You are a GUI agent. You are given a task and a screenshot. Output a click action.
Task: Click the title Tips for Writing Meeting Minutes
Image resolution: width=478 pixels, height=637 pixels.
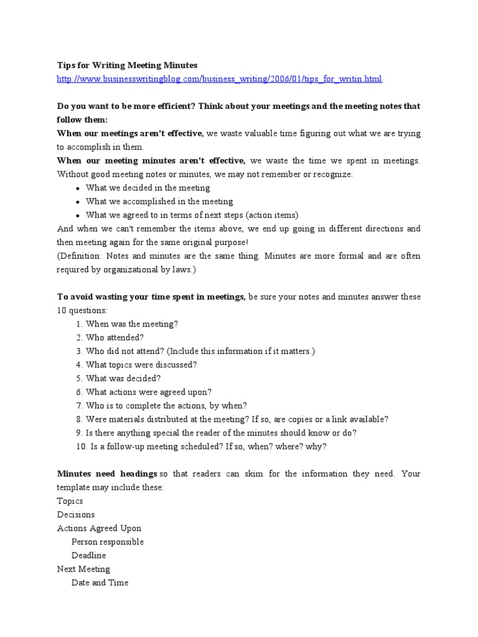(x=127, y=65)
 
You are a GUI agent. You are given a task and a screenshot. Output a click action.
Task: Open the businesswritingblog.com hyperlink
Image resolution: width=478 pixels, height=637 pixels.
(x=219, y=79)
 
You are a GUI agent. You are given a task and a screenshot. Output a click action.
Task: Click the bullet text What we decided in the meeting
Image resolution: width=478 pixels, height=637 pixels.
(x=148, y=188)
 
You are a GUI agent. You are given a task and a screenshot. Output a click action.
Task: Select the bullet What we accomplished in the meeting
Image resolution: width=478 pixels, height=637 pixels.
(x=159, y=202)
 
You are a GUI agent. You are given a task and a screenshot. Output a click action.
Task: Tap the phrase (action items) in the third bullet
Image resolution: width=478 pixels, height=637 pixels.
(x=272, y=215)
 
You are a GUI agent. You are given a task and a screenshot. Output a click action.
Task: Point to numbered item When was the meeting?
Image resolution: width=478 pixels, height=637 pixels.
(x=132, y=324)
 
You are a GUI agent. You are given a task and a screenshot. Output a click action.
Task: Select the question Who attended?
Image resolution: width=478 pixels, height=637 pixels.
(x=115, y=338)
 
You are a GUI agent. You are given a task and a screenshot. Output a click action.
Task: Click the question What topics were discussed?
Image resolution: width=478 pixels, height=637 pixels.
(x=141, y=365)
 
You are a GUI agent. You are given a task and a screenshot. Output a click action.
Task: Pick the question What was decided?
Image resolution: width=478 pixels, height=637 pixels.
(x=123, y=378)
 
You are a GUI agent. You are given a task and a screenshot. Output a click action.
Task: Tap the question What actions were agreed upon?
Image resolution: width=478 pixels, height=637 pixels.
(x=149, y=392)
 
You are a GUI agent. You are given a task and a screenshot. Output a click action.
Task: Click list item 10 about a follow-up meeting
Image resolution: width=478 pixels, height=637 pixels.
(x=205, y=447)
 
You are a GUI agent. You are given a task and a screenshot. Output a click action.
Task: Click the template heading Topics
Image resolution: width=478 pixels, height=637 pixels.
(x=70, y=501)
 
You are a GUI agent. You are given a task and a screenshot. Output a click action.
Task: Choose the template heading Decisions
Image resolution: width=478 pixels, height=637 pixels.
(x=76, y=515)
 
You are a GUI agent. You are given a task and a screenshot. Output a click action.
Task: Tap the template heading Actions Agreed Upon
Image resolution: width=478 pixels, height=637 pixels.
(x=99, y=529)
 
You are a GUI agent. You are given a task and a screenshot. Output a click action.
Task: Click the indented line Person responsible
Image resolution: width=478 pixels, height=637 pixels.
(x=107, y=542)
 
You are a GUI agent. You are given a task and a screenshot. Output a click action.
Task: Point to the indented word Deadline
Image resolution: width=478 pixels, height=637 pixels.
(x=88, y=556)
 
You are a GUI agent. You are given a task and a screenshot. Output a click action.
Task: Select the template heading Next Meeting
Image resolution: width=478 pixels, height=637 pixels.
(x=83, y=569)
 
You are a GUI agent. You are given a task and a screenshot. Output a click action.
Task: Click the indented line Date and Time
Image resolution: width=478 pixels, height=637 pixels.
(x=100, y=583)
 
